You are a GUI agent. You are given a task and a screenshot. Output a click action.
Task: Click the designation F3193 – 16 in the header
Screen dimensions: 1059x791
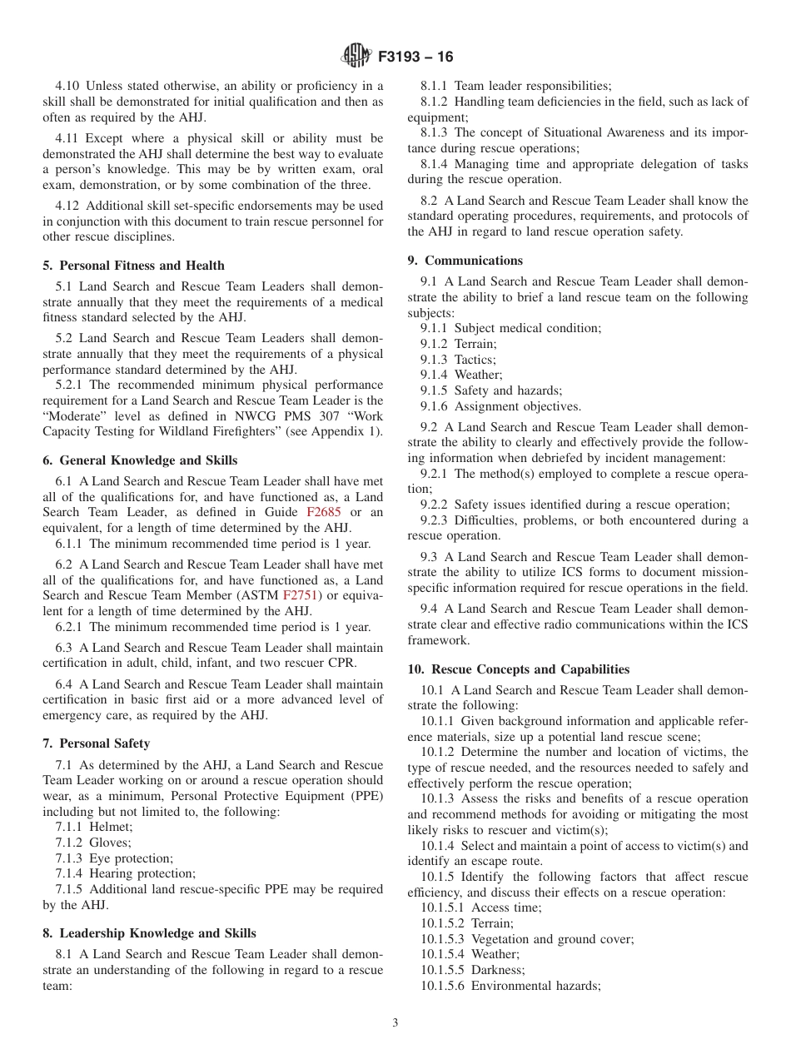(415, 57)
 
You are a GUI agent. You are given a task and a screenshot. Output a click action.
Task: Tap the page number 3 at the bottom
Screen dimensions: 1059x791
(395, 1022)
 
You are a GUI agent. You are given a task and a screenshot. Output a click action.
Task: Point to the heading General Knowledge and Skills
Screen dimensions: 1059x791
(140, 460)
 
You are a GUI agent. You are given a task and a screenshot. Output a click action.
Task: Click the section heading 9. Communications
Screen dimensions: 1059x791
(465, 261)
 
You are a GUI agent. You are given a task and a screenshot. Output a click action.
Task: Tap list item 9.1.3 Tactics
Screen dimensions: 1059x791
(458, 360)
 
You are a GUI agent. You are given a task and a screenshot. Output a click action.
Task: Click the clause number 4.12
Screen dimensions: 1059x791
(67, 206)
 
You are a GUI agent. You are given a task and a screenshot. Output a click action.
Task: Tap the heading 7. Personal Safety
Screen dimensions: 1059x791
(96, 743)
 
